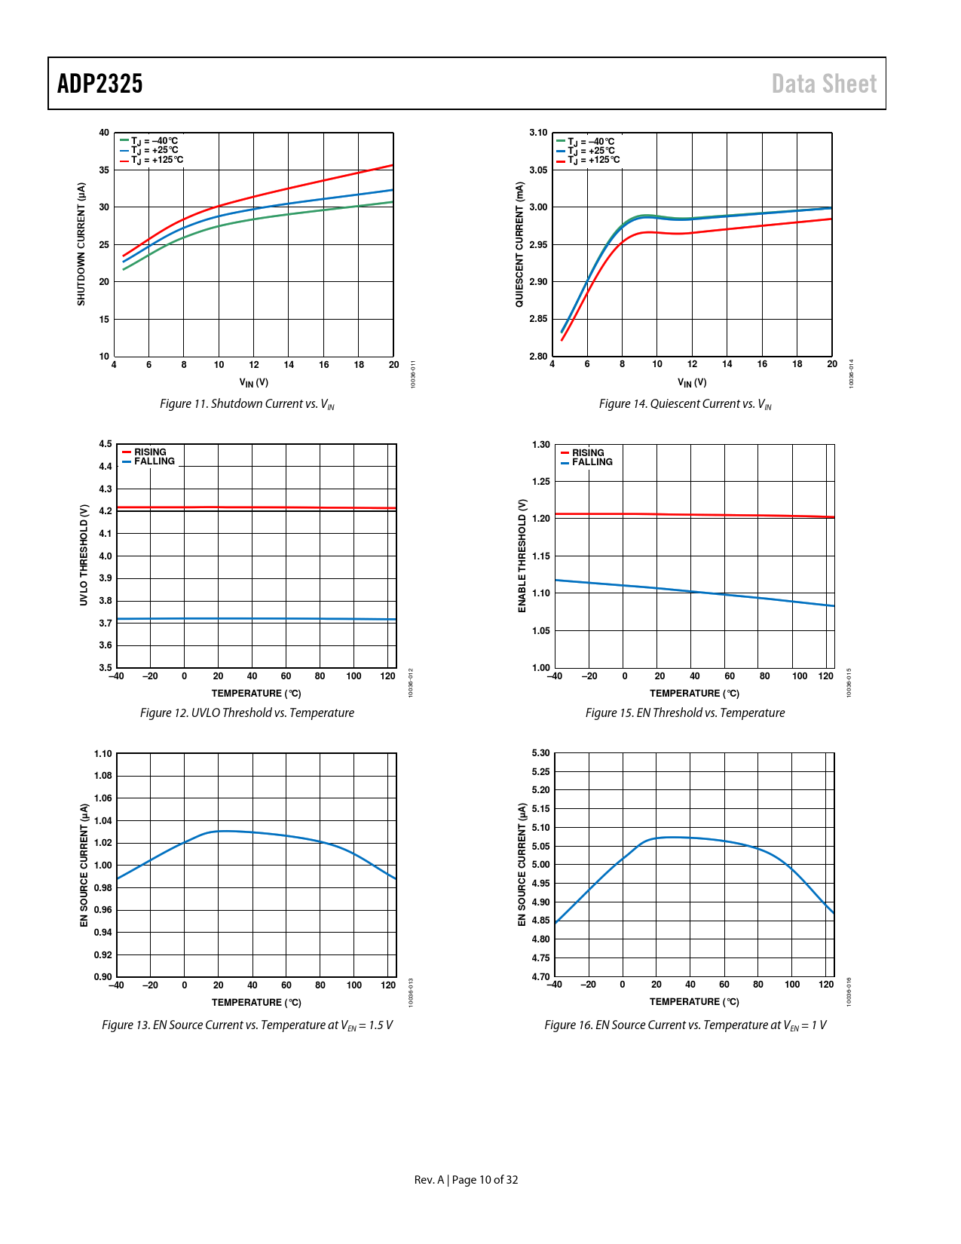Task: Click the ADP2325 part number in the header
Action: click(100, 84)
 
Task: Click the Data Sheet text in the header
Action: click(824, 84)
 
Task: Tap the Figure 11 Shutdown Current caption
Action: click(246, 404)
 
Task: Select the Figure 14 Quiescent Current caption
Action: click(684, 404)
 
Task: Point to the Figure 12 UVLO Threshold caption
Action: click(246, 713)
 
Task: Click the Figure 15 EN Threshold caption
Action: click(684, 713)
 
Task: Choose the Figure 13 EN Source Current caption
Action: click(246, 1025)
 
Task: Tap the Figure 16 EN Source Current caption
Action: click(684, 1025)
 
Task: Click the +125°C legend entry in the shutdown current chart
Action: click(157, 160)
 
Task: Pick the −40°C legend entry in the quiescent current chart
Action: click(591, 142)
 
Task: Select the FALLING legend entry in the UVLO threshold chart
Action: click(154, 461)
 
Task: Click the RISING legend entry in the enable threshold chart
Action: click(588, 453)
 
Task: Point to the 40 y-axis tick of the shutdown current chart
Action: click(104, 133)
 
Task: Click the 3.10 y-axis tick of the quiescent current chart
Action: click(538, 133)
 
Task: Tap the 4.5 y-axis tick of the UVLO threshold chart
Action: click(106, 444)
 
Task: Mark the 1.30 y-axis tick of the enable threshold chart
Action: click(540, 445)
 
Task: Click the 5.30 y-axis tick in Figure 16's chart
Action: click(540, 753)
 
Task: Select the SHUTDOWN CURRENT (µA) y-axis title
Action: click(81, 244)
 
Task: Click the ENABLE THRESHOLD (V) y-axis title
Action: click(522, 556)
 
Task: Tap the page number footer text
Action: click(466, 1180)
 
